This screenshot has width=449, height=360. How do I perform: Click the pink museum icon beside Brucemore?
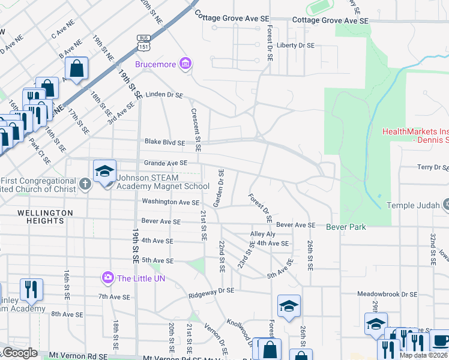click(185, 63)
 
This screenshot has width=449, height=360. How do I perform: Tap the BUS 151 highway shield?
click(143, 40)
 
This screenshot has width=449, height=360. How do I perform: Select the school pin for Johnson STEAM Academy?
click(104, 172)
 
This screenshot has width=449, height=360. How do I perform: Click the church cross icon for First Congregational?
click(85, 184)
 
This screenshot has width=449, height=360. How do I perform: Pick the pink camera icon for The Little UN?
click(107, 277)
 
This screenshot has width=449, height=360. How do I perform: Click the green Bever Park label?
click(346, 227)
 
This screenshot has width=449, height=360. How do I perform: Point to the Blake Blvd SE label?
click(164, 142)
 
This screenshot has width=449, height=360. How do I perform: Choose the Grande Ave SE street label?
click(165, 163)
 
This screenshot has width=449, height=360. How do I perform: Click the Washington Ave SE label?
click(170, 202)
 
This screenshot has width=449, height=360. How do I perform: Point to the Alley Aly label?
click(262, 234)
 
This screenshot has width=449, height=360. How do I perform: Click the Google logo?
click(20, 353)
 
